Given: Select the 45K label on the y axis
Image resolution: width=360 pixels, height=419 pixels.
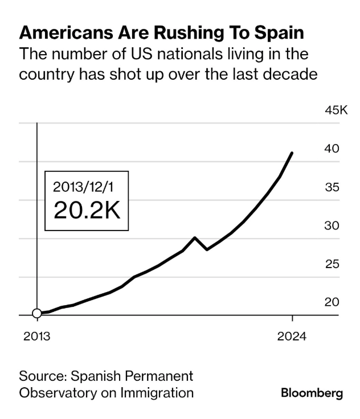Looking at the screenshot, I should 336,110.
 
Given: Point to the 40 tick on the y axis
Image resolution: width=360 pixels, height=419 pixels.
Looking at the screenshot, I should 332,149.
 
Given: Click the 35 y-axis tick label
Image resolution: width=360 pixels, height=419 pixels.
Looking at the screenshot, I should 332,187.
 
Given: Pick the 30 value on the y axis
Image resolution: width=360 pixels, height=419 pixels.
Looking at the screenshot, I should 332,225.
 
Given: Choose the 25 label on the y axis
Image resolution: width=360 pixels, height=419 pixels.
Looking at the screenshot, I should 332,264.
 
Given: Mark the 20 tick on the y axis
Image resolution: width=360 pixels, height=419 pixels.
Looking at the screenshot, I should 332,302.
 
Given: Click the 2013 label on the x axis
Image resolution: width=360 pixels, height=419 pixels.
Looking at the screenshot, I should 36,336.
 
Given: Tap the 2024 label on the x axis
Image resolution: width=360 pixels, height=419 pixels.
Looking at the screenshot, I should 292,336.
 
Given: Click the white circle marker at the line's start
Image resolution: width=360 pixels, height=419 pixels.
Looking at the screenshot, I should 37,313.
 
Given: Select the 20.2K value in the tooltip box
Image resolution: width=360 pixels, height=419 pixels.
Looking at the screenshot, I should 87,210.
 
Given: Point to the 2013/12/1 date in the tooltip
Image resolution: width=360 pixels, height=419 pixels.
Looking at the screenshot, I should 87,186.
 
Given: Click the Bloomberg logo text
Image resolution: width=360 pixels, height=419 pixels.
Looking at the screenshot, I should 312,393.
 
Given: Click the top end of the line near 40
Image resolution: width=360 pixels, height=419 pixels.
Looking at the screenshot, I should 292,153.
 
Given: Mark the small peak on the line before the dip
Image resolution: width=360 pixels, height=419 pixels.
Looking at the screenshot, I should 195,237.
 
